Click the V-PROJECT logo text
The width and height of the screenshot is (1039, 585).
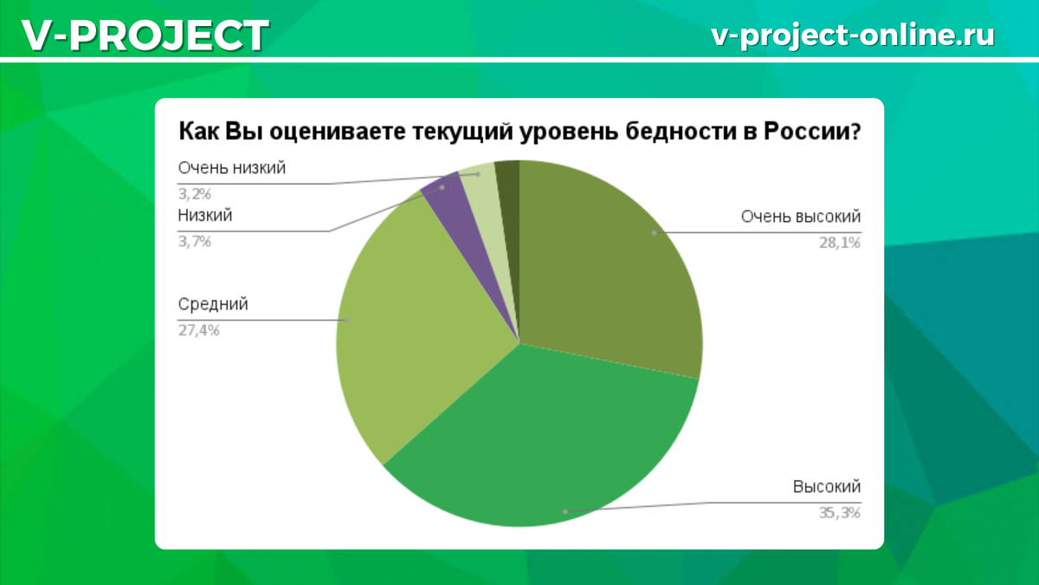(x=145, y=36)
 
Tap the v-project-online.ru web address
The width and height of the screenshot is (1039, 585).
(x=853, y=35)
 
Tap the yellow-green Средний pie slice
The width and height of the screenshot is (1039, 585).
(x=417, y=325)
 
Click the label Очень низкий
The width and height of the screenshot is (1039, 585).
(x=231, y=168)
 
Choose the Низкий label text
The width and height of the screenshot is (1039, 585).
(x=204, y=216)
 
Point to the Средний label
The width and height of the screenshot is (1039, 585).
(x=213, y=304)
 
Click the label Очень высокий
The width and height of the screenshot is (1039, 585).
(x=801, y=217)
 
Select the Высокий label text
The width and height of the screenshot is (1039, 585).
(x=827, y=486)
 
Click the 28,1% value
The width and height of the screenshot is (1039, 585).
(x=840, y=243)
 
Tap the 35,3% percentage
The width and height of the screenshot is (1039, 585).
(x=840, y=513)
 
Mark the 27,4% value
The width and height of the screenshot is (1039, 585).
(x=198, y=330)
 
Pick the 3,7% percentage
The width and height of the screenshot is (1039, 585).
(x=194, y=242)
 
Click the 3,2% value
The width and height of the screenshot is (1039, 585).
(x=194, y=193)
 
